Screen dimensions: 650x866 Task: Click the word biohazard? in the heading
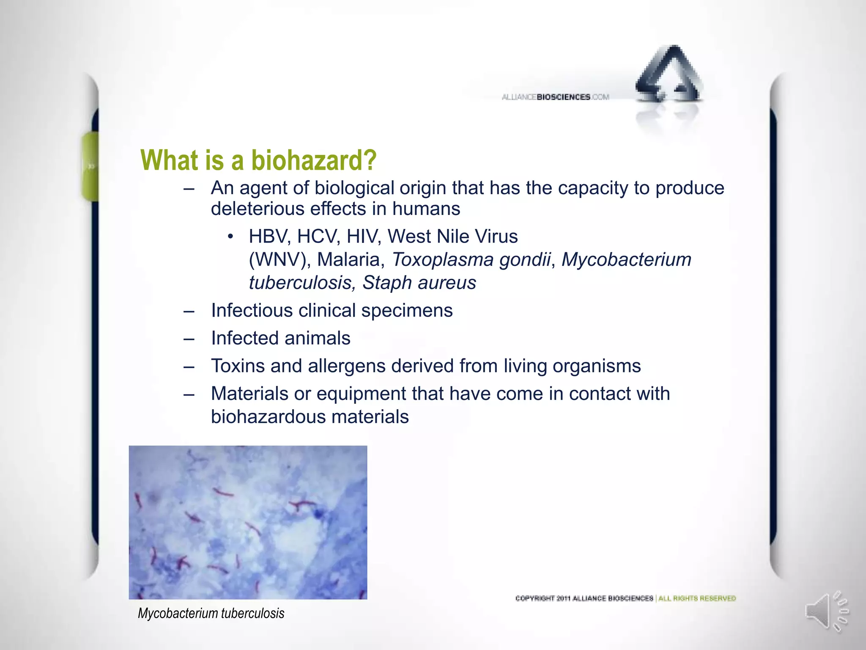pyautogui.click(x=313, y=160)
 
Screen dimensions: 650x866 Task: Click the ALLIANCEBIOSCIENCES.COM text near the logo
pyautogui.click(x=555, y=97)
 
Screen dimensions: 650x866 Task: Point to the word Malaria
pyautogui.click(x=351, y=260)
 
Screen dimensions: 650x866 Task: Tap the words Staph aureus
pyautogui.click(x=419, y=283)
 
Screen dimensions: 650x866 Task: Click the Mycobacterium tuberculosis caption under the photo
pyautogui.click(x=211, y=613)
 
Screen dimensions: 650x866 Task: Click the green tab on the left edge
pyautogui.click(x=90, y=166)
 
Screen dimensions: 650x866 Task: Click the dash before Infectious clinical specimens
pyautogui.click(x=189, y=311)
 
